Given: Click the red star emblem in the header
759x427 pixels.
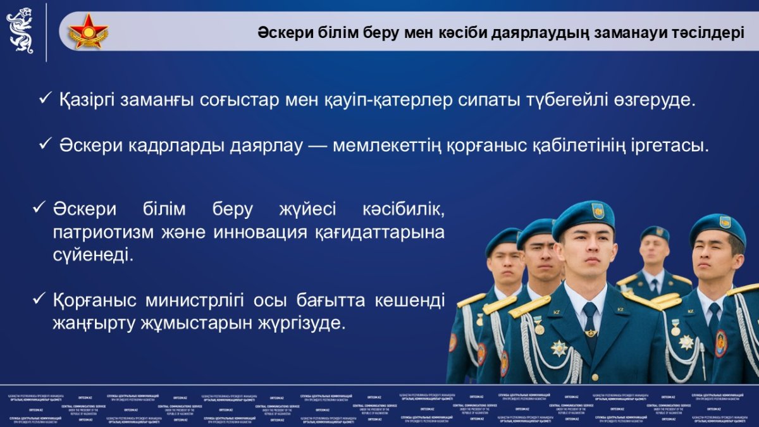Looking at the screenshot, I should pos(88,31).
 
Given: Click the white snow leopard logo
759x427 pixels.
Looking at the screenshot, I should pos(20,30).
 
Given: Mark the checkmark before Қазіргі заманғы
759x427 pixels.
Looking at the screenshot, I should pos(45,100).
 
